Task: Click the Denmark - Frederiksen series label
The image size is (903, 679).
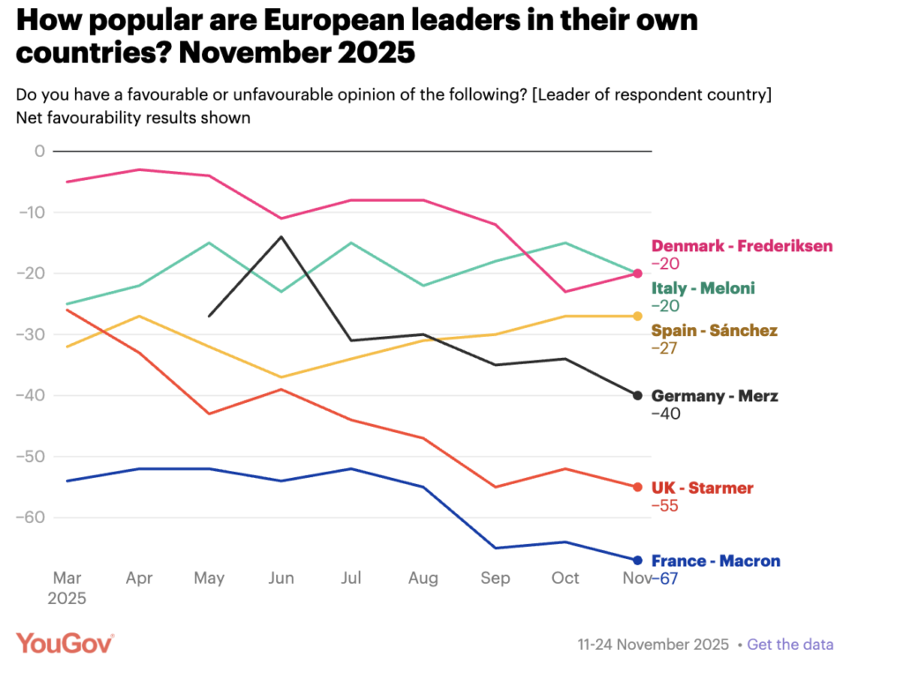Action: click(x=742, y=246)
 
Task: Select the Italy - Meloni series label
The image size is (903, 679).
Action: click(x=703, y=288)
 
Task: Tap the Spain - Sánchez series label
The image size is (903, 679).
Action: click(x=714, y=331)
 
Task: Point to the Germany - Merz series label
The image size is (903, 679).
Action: click(x=714, y=396)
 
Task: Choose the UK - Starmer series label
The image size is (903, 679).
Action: click(x=702, y=488)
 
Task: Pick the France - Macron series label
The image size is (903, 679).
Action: click(x=715, y=561)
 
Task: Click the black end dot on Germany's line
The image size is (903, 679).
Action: click(x=638, y=395)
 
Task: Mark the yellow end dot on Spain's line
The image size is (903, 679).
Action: click(x=638, y=316)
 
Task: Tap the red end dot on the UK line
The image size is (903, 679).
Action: click(x=638, y=487)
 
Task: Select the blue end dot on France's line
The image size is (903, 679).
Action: click(x=638, y=560)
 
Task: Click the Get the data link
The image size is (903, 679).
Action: click(x=789, y=645)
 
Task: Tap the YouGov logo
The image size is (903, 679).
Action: click(x=64, y=644)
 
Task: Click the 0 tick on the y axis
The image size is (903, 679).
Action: click(x=39, y=151)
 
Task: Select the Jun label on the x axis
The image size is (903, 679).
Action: click(x=281, y=578)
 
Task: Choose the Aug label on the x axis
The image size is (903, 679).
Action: click(x=423, y=578)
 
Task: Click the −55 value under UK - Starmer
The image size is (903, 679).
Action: click(x=666, y=506)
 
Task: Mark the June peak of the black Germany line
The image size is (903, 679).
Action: click(x=281, y=236)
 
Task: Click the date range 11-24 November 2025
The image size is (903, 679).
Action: click(x=654, y=645)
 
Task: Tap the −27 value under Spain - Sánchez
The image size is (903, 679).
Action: click(x=666, y=348)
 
